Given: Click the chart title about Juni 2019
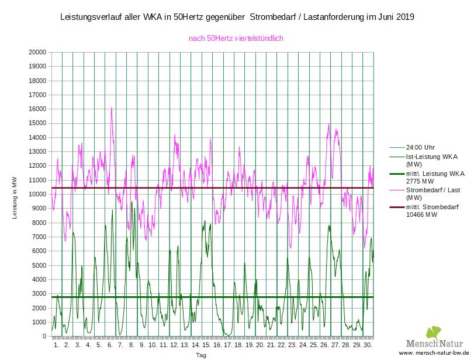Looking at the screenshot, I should (237, 18).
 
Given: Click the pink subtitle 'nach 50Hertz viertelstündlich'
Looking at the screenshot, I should (236, 39).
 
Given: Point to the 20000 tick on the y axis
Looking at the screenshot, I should (37, 52).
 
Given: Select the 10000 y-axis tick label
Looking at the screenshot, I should (37, 195).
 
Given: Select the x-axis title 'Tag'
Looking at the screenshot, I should (200, 355).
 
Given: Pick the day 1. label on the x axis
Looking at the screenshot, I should (56, 345).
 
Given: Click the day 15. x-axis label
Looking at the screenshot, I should (206, 345).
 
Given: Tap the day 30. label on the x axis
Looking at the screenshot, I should (367, 345).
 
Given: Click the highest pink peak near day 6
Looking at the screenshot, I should (111, 108).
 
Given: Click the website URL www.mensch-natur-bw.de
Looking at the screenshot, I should (434, 354).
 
